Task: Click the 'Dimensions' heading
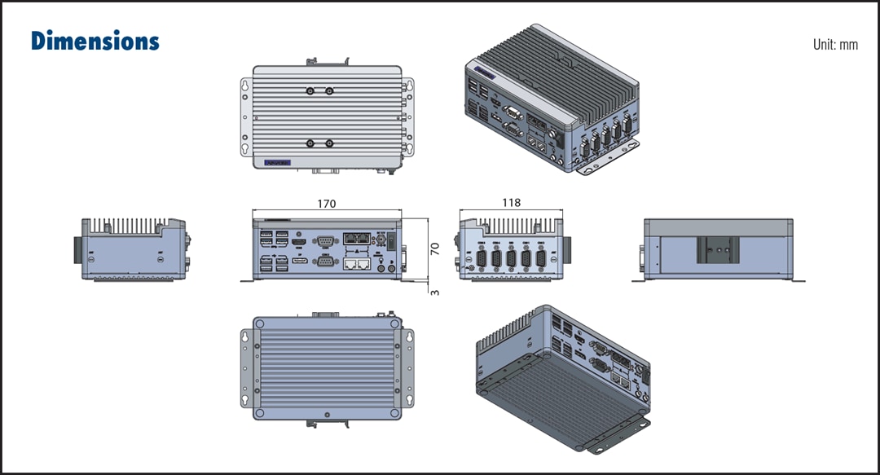[x=95, y=42]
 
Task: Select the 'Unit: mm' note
[x=835, y=45]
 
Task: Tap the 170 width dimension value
[x=327, y=204]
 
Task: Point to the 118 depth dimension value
[x=512, y=203]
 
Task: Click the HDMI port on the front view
[x=299, y=242]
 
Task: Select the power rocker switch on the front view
[x=392, y=242]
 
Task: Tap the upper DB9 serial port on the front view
[x=324, y=240]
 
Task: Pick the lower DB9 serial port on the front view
[x=324, y=262]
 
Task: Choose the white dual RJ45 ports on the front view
[x=358, y=263]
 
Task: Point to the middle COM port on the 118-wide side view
[x=511, y=259]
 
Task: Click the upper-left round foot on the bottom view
[x=260, y=324]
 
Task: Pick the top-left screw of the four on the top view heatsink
[x=310, y=91]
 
